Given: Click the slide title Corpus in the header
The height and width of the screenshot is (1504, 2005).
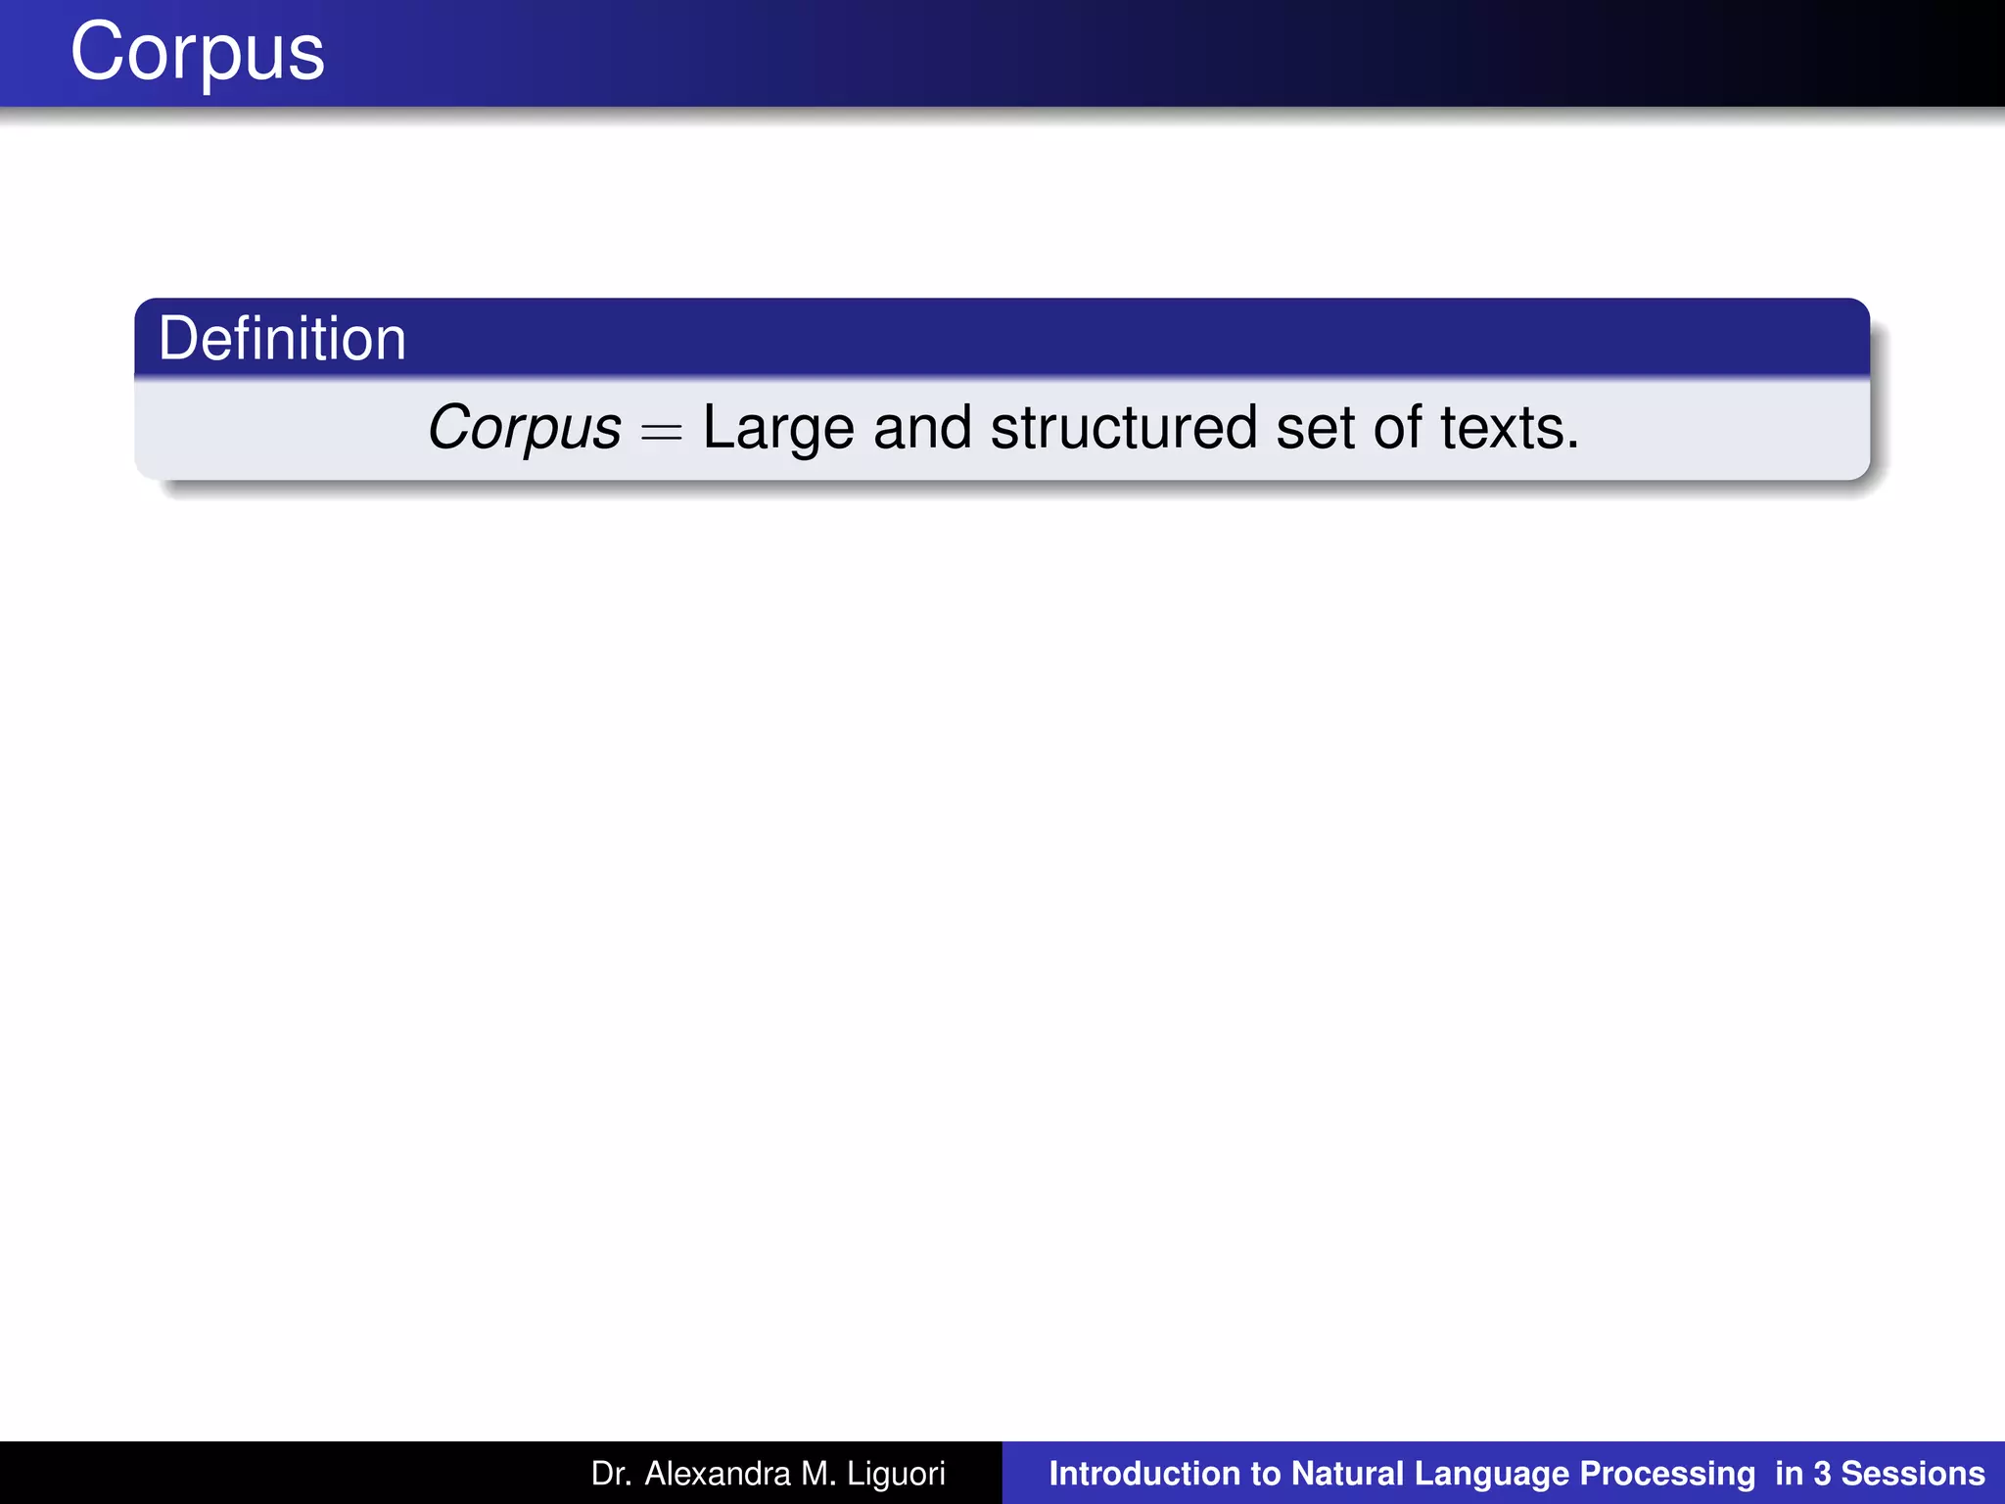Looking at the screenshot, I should coord(197,53).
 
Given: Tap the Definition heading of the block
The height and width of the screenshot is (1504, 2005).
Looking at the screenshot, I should coord(282,339).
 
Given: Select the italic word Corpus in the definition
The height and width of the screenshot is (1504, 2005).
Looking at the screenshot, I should coord(525,428).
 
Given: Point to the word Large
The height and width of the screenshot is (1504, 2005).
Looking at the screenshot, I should coord(778,428).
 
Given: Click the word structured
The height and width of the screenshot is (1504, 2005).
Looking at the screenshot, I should coord(1124,428).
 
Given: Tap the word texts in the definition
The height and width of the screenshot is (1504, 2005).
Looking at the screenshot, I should coord(1509,428).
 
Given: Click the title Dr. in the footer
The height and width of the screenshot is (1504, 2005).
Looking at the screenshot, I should coord(610,1474).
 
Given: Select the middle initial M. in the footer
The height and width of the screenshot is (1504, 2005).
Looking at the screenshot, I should coord(818,1474).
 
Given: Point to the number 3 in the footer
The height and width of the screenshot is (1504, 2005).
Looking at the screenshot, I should coord(1822,1474).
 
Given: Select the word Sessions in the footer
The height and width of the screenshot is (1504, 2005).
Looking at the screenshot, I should coord(1913,1474).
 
